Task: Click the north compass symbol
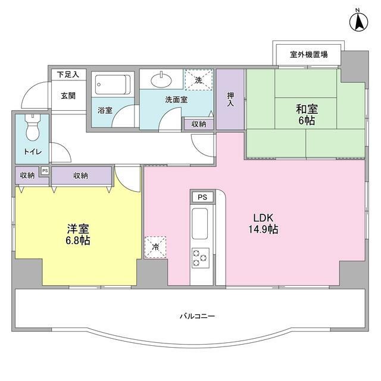click(358, 23)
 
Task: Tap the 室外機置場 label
click(308, 55)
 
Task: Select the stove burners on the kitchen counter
click(199, 257)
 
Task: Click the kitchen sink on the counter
click(199, 223)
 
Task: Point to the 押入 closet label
click(230, 99)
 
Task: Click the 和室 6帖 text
click(307, 114)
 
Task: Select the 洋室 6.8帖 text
click(78, 235)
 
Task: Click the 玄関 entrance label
click(67, 95)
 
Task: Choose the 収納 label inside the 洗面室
click(198, 124)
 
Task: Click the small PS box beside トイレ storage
click(44, 171)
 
